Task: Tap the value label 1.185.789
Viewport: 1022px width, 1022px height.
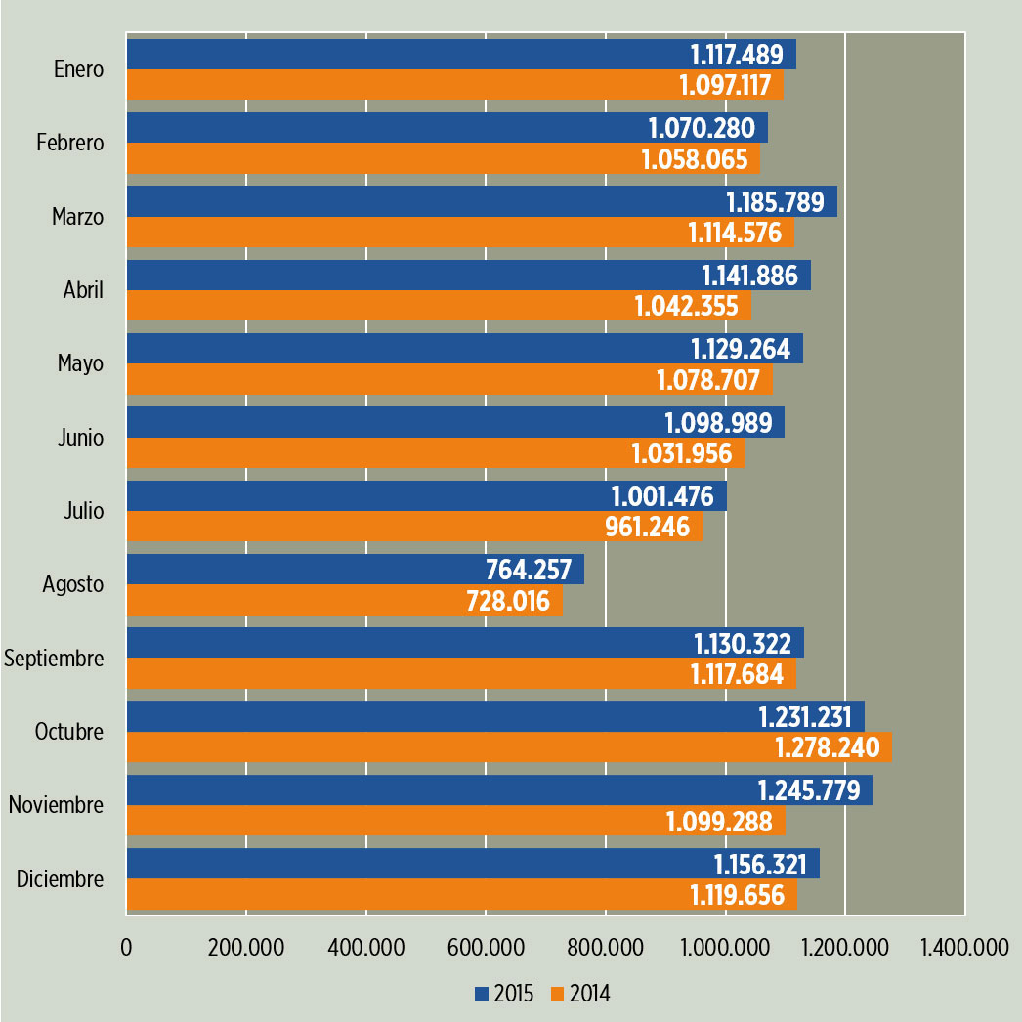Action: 778,202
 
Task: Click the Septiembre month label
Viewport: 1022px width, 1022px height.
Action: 54,658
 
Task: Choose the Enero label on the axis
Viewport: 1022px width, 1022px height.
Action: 78,69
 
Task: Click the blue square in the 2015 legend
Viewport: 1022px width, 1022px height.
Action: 481,994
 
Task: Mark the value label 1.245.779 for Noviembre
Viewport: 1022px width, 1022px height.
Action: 813,790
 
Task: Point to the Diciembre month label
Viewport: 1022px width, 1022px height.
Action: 60,878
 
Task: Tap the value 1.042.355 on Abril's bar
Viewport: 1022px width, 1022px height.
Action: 687,306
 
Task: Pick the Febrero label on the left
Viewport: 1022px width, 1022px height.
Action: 69,143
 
